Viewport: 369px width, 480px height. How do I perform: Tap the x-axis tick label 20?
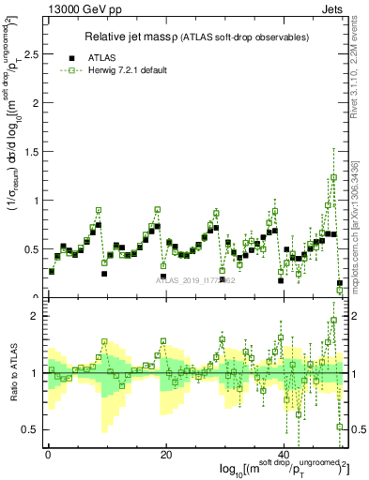166,455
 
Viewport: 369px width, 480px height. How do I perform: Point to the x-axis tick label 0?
48,455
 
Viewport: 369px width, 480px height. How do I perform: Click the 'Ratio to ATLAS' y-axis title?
12,372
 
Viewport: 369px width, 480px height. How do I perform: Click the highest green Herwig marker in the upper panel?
333,177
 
